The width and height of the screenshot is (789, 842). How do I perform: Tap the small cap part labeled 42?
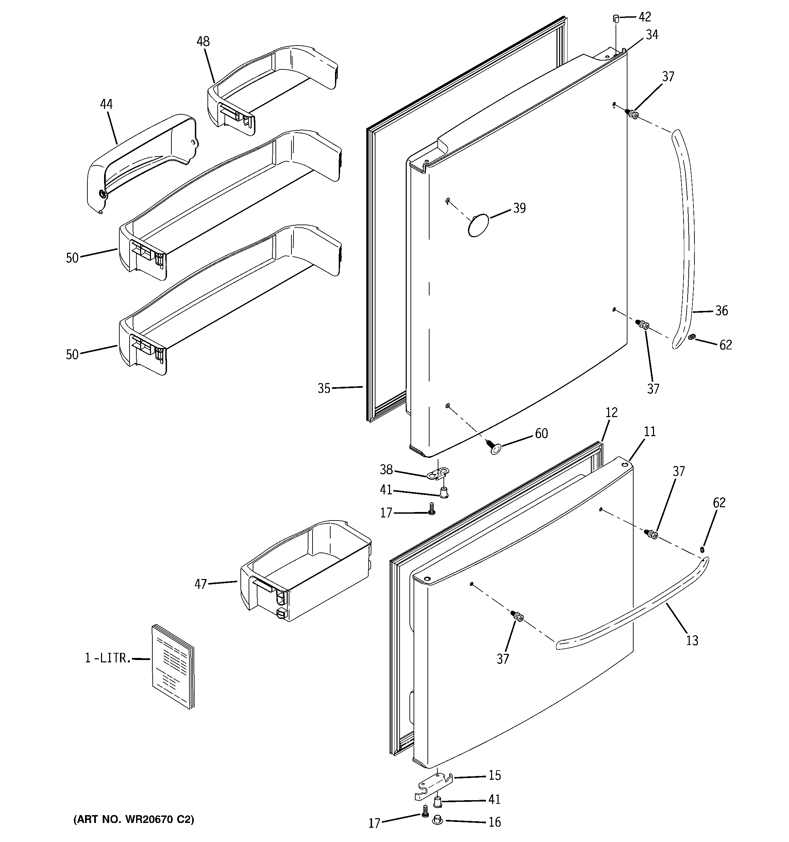616,18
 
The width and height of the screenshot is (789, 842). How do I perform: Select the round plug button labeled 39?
478,225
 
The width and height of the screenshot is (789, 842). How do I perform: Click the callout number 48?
203,42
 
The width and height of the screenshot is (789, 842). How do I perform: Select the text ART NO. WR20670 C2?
134,819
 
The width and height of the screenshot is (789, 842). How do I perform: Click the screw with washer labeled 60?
493,447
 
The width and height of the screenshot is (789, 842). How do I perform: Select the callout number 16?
495,822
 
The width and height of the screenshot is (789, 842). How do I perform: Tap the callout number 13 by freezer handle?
692,640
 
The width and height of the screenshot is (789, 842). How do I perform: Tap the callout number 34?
652,35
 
